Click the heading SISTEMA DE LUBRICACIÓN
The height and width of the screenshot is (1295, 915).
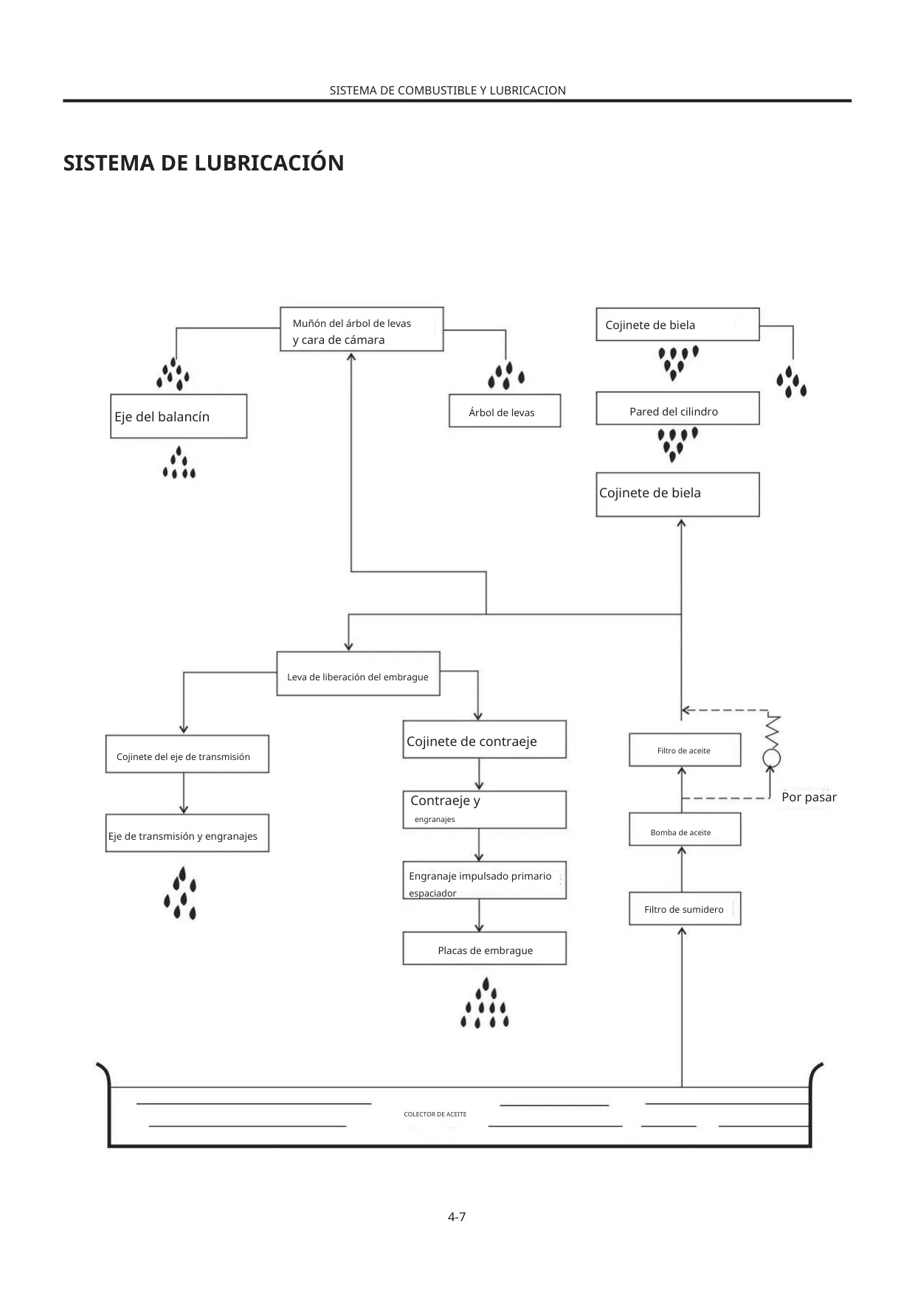tap(204, 163)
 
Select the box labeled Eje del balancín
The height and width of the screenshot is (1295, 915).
tap(179, 416)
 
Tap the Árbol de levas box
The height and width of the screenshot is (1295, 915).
tap(505, 411)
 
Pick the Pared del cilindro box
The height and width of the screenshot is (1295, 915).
tap(677, 408)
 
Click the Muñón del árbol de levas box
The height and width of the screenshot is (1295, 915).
tap(362, 329)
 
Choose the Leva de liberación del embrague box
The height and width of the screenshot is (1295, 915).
tap(358, 674)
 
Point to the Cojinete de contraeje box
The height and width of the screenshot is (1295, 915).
tap(485, 739)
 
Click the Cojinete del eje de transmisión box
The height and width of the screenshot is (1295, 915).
tap(187, 754)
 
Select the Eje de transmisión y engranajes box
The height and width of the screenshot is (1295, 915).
tap(187, 833)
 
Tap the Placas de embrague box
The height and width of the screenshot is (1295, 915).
tap(485, 948)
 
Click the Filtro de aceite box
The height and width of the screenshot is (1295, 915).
tap(685, 750)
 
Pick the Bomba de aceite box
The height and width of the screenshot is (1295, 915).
tap(685, 829)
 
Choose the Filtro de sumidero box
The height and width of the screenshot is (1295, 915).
tap(685, 909)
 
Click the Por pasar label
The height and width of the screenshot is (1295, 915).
tap(809, 797)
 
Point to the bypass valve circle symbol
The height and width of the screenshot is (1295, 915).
tap(772, 758)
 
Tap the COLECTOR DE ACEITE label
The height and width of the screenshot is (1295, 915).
tap(435, 1114)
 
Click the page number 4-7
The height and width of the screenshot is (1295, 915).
tap(457, 1217)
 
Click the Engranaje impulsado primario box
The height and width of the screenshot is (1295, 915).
tap(485, 880)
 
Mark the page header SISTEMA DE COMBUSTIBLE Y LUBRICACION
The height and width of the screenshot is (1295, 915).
tap(448, 91)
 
